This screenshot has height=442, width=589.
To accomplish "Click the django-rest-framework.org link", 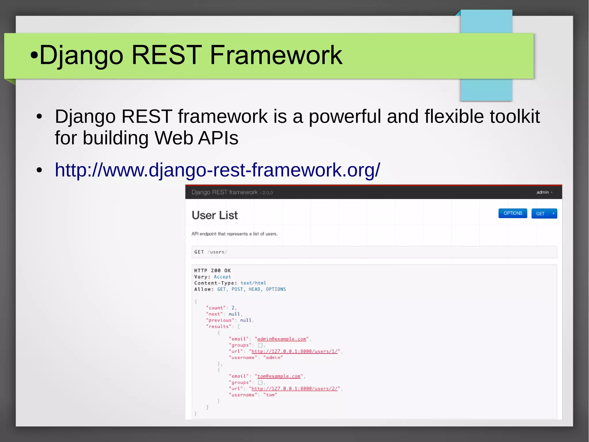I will pos(217,170).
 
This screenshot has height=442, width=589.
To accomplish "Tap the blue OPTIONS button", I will pos(512,213).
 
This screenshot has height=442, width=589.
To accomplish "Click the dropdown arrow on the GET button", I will pos(553,213).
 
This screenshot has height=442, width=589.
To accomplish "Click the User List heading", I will pos(215,215).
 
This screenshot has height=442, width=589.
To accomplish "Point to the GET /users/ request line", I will pos(211,252).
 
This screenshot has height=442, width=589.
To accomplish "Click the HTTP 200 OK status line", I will pos(212,270).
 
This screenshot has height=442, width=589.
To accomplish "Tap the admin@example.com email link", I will pos(282,339).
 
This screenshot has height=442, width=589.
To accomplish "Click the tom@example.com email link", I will pos(279,376).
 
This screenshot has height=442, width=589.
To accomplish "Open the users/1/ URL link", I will pos(294,351).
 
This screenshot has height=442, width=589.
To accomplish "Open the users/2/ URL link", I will pos(294,389).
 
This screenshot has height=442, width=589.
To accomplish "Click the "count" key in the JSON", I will pos(216,308).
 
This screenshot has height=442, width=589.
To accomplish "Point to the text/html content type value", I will pos(253,283).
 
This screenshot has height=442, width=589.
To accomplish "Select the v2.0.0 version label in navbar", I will pos(266,193).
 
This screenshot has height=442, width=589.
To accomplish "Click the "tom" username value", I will pos(270,395).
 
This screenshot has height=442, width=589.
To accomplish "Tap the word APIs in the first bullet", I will pos(218,138).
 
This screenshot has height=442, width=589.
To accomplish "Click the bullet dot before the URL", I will pos(39,170).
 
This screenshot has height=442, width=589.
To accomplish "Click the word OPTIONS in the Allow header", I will pos(276,289).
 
